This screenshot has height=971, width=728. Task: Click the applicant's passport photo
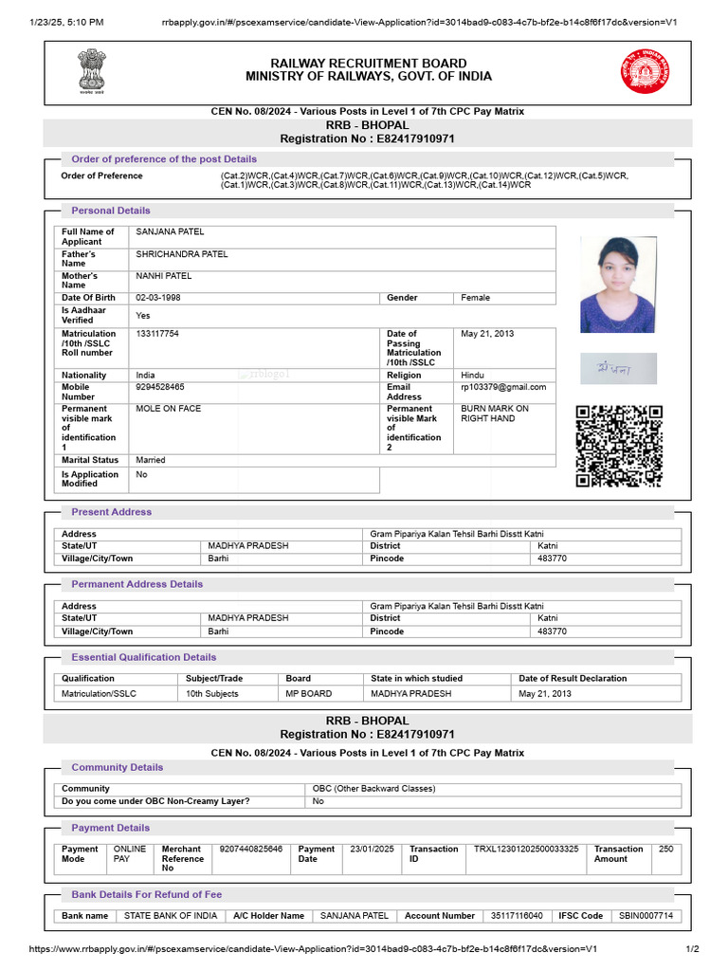coord(617,284)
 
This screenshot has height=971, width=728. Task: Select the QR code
coord(619,446)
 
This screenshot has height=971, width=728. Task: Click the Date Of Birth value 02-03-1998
coord(157,298)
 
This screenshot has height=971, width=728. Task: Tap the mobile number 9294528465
coord(160,387)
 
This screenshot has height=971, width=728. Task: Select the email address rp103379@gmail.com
coord(503,387)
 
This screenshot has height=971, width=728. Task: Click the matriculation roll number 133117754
coord(157,334)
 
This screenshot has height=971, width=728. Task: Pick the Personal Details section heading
coord(111,211)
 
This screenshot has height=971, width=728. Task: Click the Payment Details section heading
coord(111,828)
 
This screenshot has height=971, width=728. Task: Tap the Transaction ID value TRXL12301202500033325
coord(526,850)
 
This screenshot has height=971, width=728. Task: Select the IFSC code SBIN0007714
coord(646,916)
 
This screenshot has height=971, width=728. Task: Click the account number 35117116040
coord(517,916)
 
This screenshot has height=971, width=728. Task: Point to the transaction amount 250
coord(665,850)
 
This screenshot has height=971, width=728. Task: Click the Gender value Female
coord(476,298)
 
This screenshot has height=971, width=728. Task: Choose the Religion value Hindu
coord(473,376)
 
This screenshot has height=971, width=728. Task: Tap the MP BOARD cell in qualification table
coord(309,694)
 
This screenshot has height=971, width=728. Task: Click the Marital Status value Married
coord(151,460)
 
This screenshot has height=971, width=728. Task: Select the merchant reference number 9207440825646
coord(251,850)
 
